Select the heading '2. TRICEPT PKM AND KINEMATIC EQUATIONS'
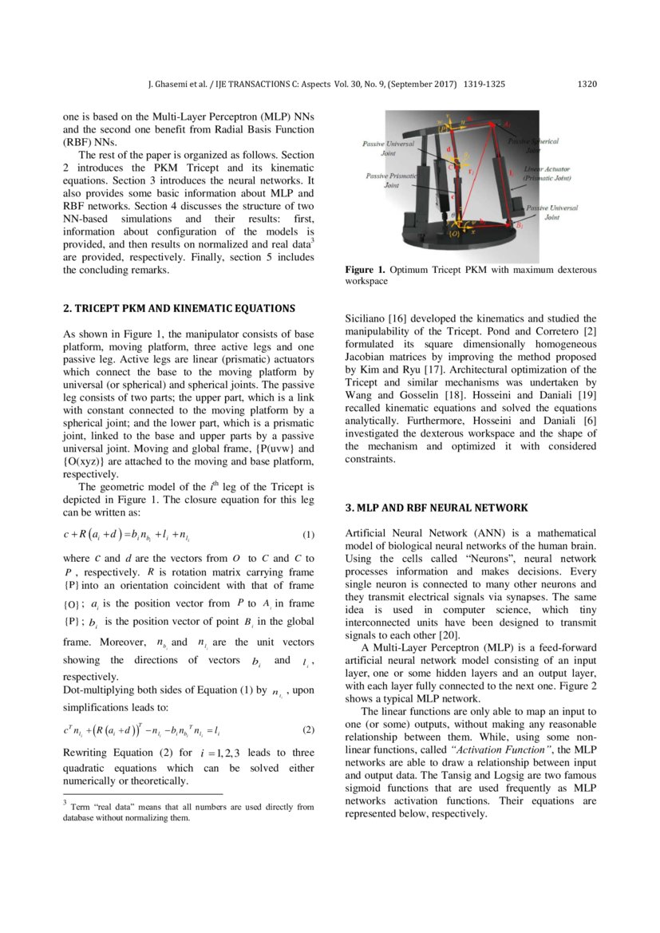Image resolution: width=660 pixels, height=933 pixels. [179, 308]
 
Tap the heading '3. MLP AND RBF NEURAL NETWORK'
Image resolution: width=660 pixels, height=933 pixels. [436, 508]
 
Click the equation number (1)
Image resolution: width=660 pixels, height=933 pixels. [309, 534]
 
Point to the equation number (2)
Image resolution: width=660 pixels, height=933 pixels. [309, 729]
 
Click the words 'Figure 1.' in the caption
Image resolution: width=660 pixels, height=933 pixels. [363, 271]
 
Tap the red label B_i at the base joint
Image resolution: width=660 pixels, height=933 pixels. [519, 227]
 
